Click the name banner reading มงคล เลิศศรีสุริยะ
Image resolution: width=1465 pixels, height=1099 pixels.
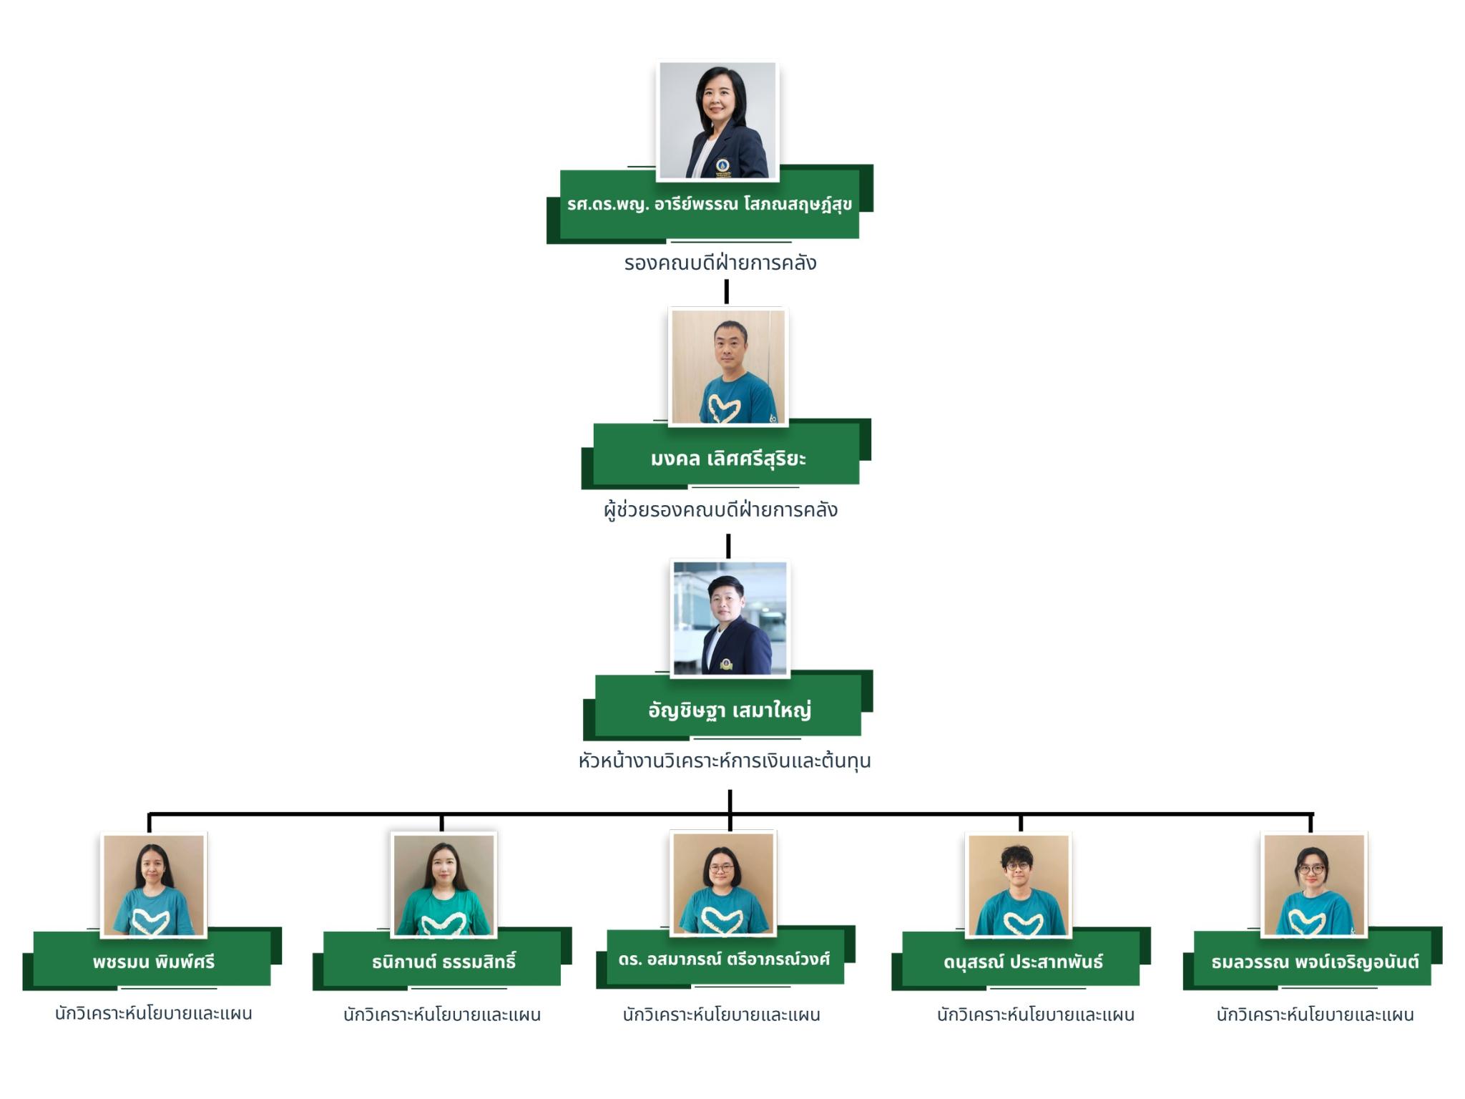click(727, 458)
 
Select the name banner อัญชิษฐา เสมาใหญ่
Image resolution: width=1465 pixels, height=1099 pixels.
click(729, 710)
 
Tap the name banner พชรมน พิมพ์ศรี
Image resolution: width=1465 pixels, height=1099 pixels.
click(153, 961)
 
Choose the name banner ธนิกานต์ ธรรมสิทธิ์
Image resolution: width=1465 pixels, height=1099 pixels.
click(443, 961)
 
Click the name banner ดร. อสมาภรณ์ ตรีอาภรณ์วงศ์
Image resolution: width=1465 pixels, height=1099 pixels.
click(723, 959)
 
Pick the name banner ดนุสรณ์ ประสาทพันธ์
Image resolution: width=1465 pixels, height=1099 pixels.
click(1022, 961)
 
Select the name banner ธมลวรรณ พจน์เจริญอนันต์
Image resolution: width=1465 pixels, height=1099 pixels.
click(1314, 961)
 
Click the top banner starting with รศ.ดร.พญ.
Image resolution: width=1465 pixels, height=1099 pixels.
click(709, 204)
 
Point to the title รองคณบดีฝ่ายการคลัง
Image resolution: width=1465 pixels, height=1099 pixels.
click(720, 263)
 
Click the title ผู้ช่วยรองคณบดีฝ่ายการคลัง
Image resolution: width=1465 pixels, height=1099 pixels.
click(720, 509)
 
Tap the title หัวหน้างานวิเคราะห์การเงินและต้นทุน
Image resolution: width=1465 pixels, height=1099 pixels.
click(724, 760)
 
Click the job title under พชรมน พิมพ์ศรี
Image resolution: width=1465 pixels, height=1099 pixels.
click(153, 1013)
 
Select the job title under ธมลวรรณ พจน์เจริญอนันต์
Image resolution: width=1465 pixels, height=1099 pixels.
click(1315, 1014)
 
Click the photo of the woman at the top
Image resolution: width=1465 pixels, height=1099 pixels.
click(717, 120)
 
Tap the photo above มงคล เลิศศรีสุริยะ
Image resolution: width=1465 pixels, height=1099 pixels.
click(727, 366)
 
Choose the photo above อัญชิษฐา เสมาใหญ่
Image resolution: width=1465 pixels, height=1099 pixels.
click(730, 618)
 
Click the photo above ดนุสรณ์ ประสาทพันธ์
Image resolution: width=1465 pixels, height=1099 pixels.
click(1019, 884)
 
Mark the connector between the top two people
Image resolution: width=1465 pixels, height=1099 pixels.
click(726, 291)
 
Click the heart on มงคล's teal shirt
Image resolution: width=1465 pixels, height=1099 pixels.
click(723, 409)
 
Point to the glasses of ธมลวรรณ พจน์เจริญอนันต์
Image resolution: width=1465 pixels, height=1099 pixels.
click(1310, 869)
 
